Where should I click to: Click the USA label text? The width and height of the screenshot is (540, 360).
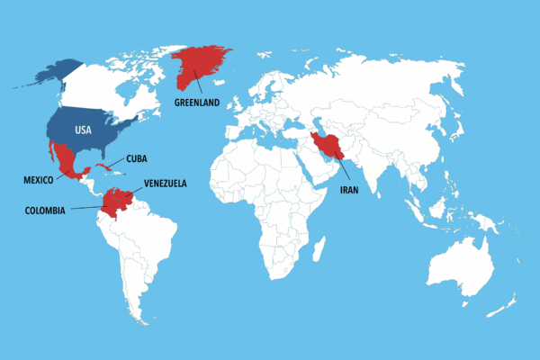pyautogui.click(x=83, y=130)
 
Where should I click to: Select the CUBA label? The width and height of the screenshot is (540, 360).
pyautogui.click(x=136, y=159)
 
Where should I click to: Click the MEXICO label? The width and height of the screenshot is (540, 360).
pyautogui.click(x=38, y=180)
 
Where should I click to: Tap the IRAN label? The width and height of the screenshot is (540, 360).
pyautogui.click(x=350, y=191)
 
